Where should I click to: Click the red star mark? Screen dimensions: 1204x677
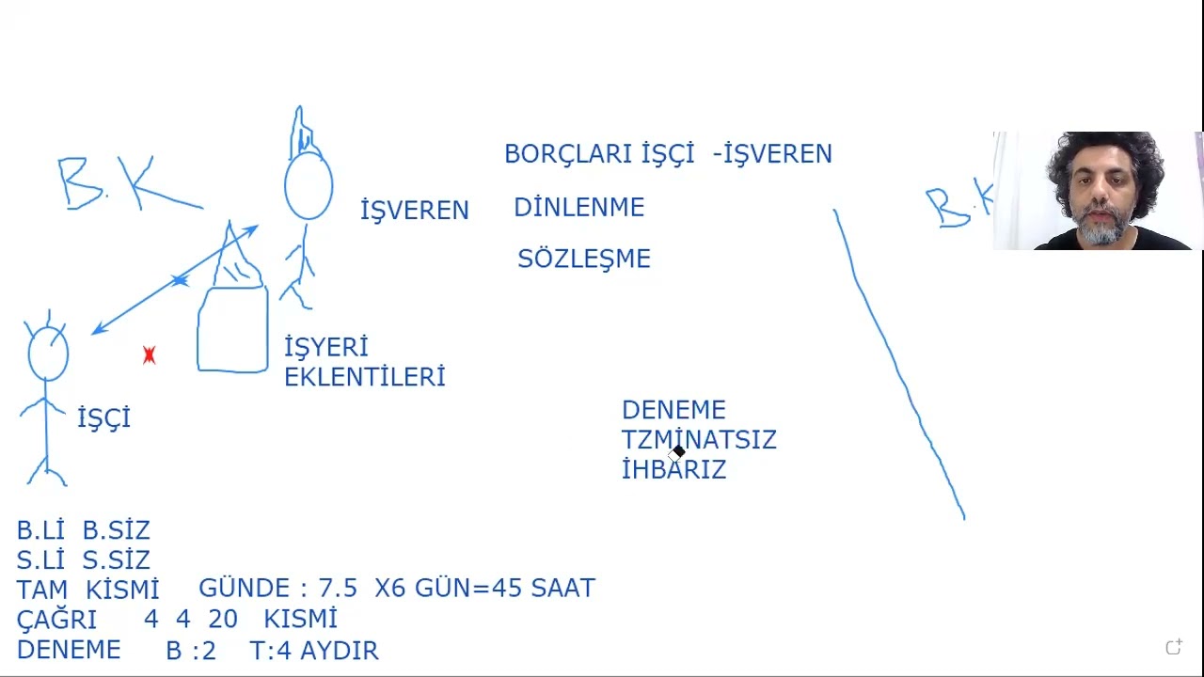tap(149, 355)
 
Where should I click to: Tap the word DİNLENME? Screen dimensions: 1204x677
tap(578, 208)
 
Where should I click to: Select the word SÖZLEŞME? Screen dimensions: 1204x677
tap(584, 259)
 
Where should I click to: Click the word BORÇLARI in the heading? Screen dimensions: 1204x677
tap(569, 154)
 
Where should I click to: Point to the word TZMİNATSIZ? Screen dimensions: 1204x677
tap(699, 439)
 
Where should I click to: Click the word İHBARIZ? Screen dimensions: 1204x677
tap(674, 469)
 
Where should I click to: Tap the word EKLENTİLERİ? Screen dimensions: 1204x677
tap(364, 377)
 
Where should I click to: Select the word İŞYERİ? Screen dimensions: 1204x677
tap(326, 347)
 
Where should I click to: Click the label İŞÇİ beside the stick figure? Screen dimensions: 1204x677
tap(103, 418)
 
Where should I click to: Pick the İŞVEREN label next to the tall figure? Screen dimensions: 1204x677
tap(415, 210)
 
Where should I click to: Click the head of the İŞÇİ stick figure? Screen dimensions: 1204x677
tap(48, 354)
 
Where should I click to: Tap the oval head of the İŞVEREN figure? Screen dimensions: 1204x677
tap(309, 186)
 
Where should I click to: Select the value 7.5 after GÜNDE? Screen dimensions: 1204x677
tap(338, 588)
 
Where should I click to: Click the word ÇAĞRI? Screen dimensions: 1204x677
tap(56, 620)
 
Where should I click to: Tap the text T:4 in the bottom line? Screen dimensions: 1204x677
tap(271, 650)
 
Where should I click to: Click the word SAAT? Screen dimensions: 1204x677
tap(563, 588)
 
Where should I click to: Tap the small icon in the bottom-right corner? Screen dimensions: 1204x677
tap(1174, 646)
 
